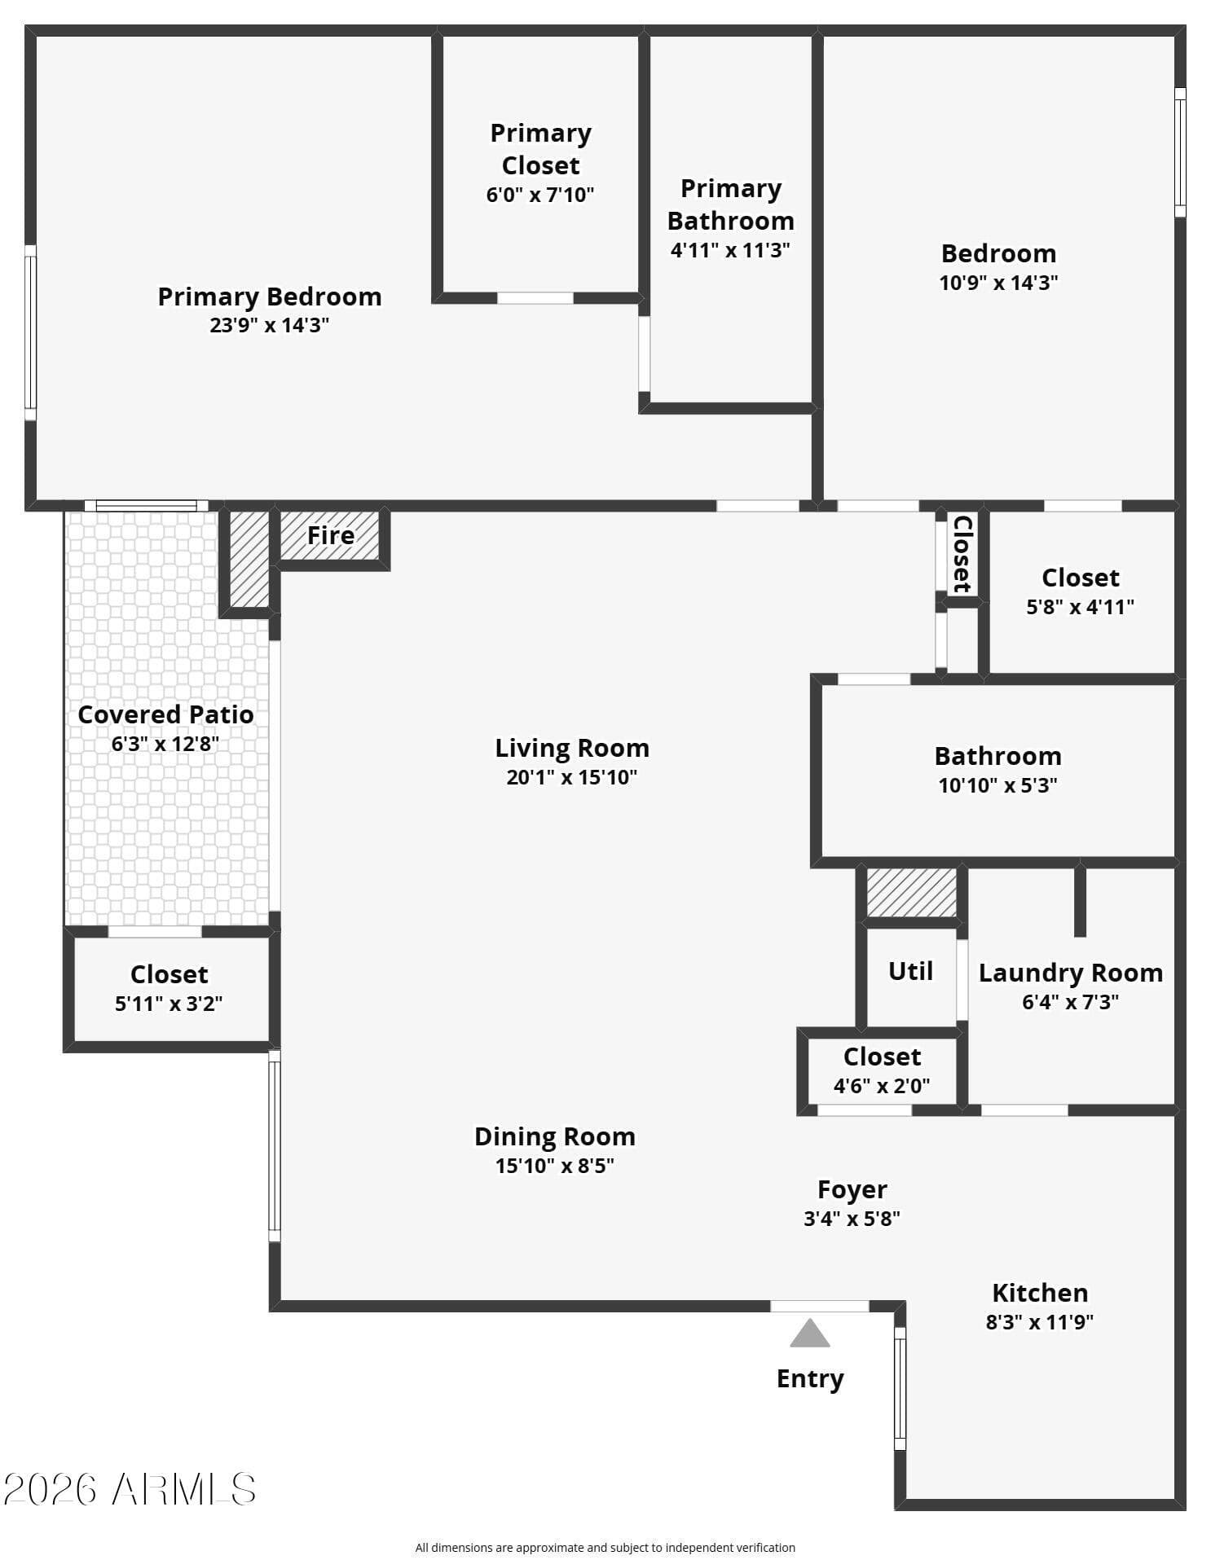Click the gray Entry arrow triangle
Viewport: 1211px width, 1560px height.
pyautogui.click(x=809, y=1333)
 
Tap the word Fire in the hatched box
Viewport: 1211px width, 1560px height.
pyautogui.click(x=330, y=535)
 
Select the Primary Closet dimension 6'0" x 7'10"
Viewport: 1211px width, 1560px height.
pyautogui.click(x=540, y=195)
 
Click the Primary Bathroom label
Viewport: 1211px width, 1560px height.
pyautogui.click(x=731, y=204)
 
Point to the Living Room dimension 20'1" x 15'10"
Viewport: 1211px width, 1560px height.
pyautogui.click(x=571, y=777)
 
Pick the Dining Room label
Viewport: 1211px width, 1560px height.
pyautogui.click(x=555, y=1136)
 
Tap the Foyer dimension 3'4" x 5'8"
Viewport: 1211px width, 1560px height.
pyautogui.click(x=852, y=1219)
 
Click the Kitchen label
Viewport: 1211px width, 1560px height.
pyautogui.click(x=1040, y=1293)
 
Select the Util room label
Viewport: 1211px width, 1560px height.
pyautogui.click(x=910, y=971)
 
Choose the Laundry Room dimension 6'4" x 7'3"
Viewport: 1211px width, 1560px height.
pyautogui.click(x=1070, y=1002)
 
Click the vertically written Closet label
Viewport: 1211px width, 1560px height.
pyautogui.click(x=962, y=554)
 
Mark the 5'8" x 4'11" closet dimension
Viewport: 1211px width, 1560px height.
pyautogui.click(x=1080, y=607)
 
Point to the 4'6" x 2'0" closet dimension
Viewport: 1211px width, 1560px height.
pyautogui.click(x=882, y=1086)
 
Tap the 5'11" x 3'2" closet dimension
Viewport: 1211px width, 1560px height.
pyautogui.click(x=169, y=1004)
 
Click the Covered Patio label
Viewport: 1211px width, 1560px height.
pyautogui.click(x=165, y=714)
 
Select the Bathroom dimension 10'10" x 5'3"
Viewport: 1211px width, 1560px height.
pyautogui.click(x=997, y=785)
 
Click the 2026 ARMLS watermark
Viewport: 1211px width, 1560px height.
pyautogui.click(x=130, y=1489)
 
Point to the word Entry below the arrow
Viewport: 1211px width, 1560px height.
pyautogui.click(x=810, y=1378)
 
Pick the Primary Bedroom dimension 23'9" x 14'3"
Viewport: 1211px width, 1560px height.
pyautogui.click(x=269, y=326)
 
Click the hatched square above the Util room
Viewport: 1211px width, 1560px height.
pyautogui.click(x=911, y=893)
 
